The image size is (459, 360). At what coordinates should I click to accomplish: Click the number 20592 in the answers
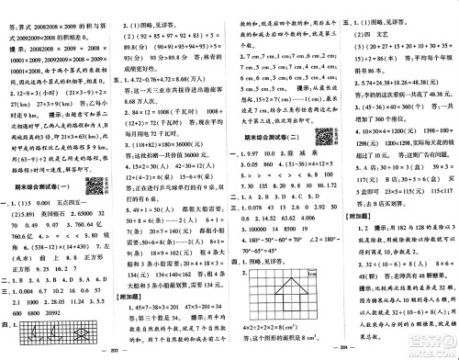coord(73,311)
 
